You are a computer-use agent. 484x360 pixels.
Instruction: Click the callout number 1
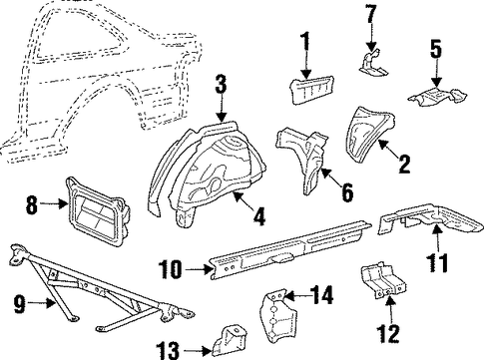305,41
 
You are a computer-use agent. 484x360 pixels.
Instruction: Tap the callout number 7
372,14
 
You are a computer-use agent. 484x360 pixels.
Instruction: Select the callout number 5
436,49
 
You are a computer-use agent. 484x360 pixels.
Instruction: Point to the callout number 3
221,84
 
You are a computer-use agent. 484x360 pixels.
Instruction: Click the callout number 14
321,295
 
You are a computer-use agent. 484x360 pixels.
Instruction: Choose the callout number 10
170,268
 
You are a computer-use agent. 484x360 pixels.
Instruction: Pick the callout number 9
19,304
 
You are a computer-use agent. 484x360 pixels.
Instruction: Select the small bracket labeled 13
231,340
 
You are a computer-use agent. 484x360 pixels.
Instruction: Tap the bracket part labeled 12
384,281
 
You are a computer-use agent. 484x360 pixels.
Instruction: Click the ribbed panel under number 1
312,89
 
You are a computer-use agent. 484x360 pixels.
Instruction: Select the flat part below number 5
436,96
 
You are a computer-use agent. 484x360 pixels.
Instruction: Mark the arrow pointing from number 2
389,150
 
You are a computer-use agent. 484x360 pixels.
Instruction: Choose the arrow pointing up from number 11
438,238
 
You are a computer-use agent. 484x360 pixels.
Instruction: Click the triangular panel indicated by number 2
368,134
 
